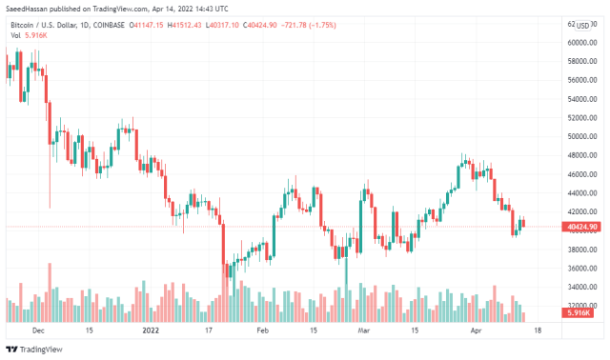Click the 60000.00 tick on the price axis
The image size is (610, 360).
[581, 43]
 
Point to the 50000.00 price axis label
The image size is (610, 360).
[581, 137]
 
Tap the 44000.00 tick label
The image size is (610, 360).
[581, 193]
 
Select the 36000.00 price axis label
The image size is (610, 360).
[581, 269]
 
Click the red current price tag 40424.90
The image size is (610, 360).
[581, 227]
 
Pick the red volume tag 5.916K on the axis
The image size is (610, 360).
[578, 312]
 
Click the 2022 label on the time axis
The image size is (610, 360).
[151, 331]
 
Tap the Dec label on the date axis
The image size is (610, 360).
[38, 331]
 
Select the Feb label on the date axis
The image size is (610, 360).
[263, 331]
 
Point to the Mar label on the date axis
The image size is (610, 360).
[363, 331]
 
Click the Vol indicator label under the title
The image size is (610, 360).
[15, 35]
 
